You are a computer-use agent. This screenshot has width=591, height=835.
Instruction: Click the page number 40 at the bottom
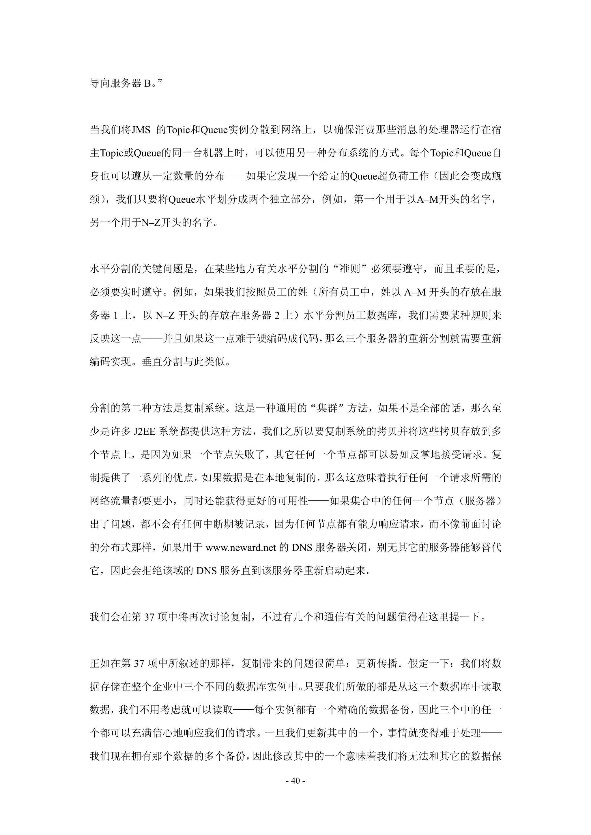[x=295, y=781]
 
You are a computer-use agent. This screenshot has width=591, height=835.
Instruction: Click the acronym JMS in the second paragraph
[x=141, y=130]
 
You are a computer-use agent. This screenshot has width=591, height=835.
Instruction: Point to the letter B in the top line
[x=147, y=84]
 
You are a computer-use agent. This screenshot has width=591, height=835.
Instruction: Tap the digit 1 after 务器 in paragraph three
[x=116, y=315]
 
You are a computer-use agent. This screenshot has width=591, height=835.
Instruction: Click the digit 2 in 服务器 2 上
[x=277, y=315]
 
